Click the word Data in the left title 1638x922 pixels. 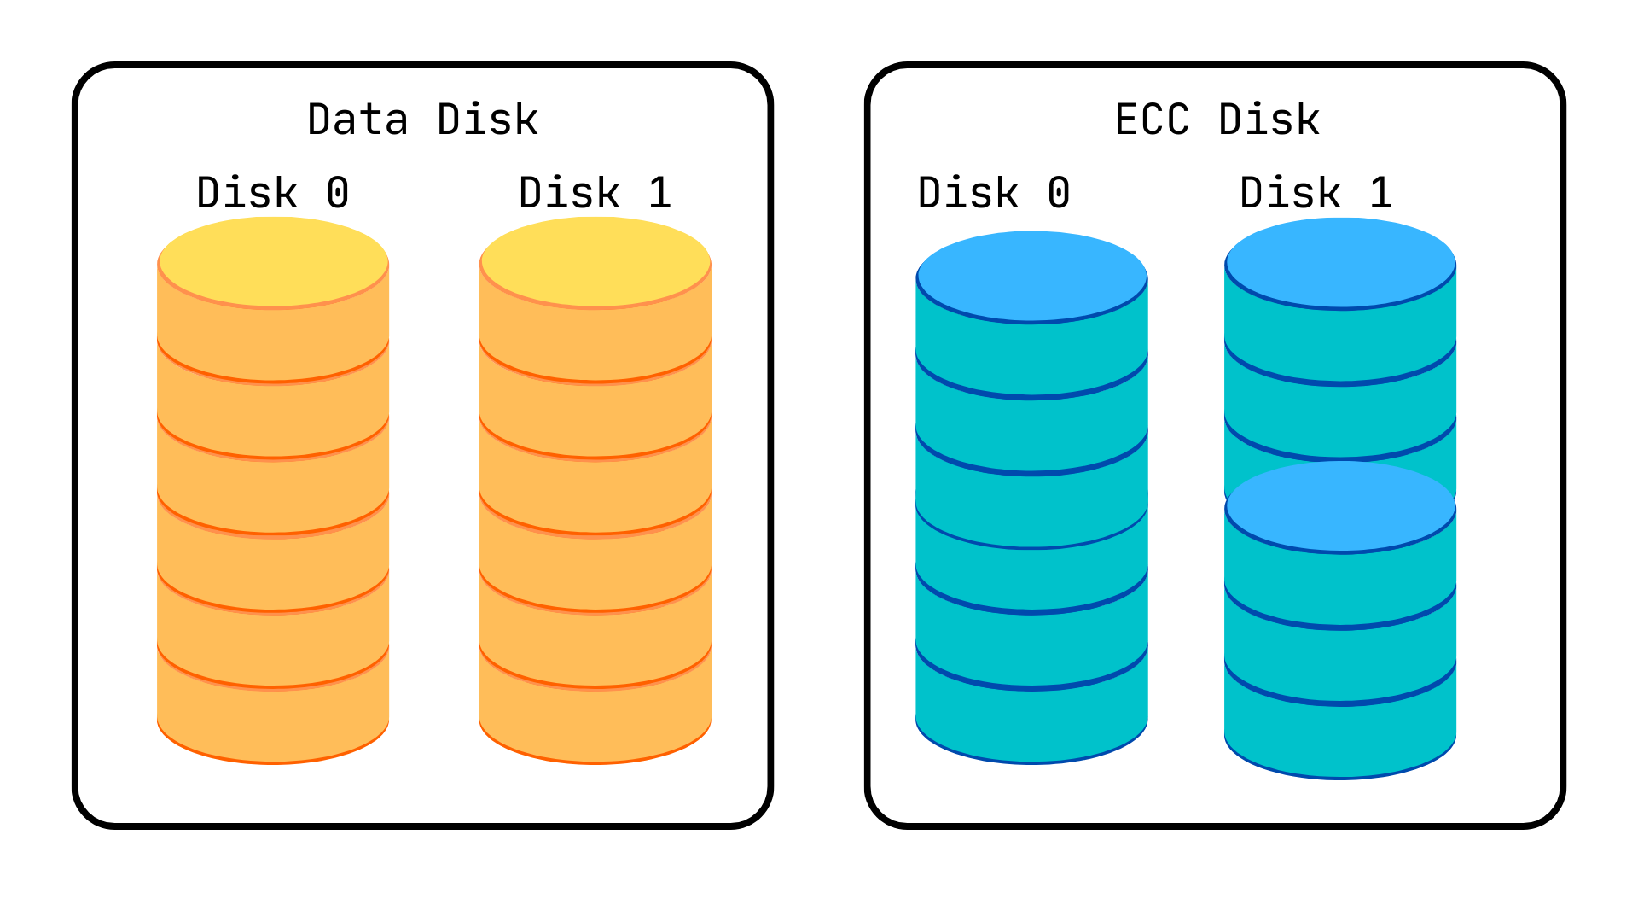tap(357, 120)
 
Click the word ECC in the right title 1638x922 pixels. tap(1152, 120)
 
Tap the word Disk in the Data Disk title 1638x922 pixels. tap(487, 120)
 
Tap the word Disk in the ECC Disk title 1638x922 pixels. tap(1269, 120)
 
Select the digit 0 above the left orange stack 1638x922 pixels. tap(338, 193)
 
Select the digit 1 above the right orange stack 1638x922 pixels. tap(659, 193)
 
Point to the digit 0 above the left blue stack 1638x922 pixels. tap(1059, 193)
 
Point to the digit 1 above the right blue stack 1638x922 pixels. tap(1381, 193)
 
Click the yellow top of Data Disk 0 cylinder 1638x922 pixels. tap(273, 261)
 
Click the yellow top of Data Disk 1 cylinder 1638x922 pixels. tap(595, 261)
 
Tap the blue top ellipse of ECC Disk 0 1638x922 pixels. tap(1031, 277)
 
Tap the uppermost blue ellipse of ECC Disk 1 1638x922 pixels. tap(1340, 262)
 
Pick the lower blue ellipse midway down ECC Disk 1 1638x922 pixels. tap(1340, 506)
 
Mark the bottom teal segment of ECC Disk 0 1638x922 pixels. tap(1031, 726)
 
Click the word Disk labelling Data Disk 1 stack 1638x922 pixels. tap(569, 193)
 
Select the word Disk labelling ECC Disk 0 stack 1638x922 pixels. tap(968, 193)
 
